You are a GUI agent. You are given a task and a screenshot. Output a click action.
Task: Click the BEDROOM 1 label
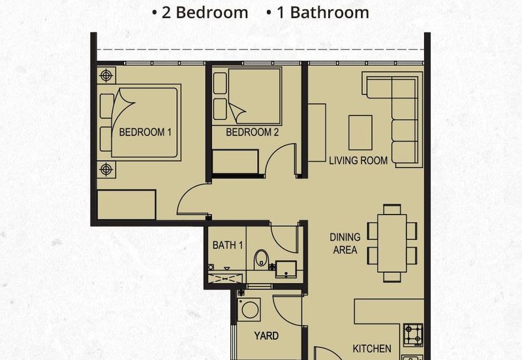[x=145, y=132]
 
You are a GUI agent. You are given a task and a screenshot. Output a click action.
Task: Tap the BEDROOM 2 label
[x=253, y=132]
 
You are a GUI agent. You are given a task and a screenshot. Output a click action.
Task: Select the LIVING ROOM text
[x=358, y=160]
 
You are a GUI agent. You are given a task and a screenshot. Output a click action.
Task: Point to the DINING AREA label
[x=345, y=243]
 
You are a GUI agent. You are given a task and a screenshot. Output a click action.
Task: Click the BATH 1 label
[x=228, y=245]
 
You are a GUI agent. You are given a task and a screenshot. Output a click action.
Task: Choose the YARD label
[x=266, y=336]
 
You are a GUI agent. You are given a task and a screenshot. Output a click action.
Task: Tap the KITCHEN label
[x=372, y=349]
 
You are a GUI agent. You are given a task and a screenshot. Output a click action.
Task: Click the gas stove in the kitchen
[x=413, y=335]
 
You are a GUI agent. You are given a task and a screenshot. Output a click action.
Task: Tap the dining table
[x=392, y=243]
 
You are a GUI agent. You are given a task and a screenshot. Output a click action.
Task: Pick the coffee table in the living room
[x=361, y=133]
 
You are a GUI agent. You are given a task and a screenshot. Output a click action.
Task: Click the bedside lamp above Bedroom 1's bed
[x=106, y=76]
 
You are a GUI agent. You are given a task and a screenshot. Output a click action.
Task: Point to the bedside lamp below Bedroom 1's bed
[x=106, y=170]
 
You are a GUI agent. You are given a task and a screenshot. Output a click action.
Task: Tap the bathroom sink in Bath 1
[x=286, y=269]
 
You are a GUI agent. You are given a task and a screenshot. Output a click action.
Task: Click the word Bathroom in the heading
[x=330, y=12]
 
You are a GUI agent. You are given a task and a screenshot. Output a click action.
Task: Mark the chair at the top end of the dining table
[x=392, y=209]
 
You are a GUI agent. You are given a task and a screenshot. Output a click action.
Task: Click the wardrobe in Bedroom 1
[x=127, y=205]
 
